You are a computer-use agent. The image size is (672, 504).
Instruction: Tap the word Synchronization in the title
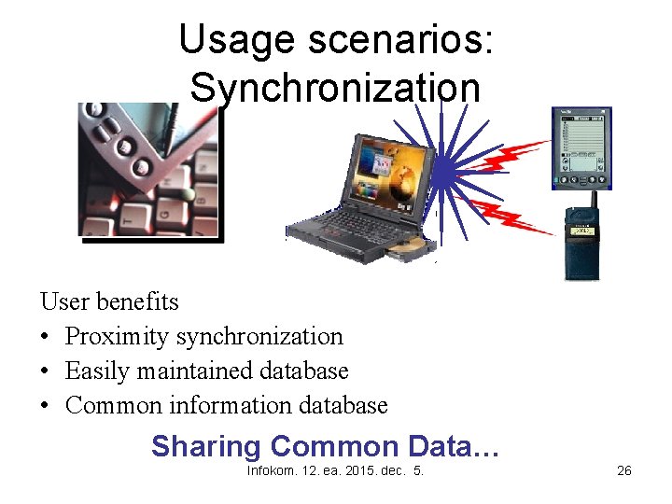[x=335, y=89]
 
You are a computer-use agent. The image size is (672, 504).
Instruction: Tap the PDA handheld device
[x=581, y=149]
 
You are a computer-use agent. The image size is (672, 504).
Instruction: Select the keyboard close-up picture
[x=148, y=173]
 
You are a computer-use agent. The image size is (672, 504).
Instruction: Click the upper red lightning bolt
[x=509, y=155]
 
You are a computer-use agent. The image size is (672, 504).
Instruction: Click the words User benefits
[x=109, y=301]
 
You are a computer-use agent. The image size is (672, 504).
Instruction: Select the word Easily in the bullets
[x=97, y=371]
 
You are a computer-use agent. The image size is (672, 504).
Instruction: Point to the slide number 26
[x=624, y=470]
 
